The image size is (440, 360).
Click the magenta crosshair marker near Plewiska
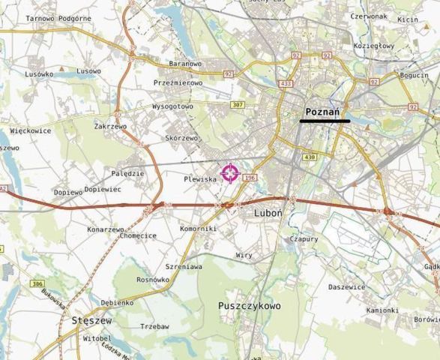tap(230, 173)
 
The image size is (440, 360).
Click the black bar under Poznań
tap(325, 121)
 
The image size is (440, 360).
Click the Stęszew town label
tap(91, 320)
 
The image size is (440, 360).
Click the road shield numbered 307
tap(238, 104)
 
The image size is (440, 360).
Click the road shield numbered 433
tap(286, 84)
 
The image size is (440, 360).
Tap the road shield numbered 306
tap(37, 283)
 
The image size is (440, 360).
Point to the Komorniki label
tap(199, 228)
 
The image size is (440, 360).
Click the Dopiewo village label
tap(68, 192)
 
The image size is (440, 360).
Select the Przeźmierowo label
tap(178, 83)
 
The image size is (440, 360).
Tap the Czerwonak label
tap(368, 15)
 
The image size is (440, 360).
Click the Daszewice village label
tap(346, 287)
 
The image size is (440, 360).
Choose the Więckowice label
tap(31, 130)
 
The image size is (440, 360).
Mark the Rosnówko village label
tap(153, 280)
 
